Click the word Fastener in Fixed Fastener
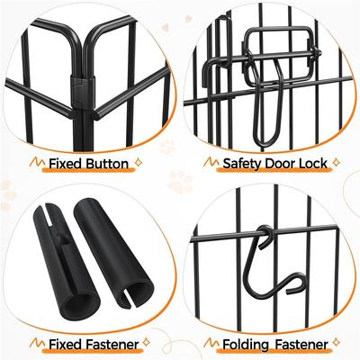(x=108, y=345)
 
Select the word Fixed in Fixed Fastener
(x=58, y=345)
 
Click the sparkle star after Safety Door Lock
(x=336, y=163)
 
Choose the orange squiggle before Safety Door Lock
(x=211, y=163)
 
